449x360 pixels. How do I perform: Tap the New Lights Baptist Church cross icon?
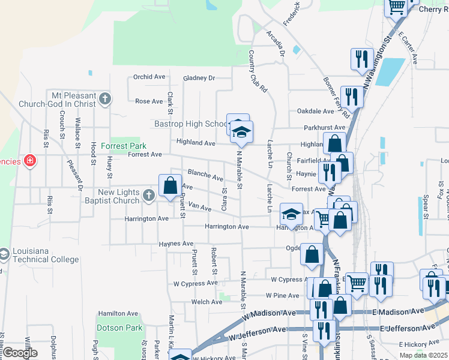coord(148,195)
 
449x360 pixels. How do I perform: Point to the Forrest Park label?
coord(124,146)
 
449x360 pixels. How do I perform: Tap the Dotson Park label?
coord(119,328)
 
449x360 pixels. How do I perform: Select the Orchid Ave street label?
coord(149,77)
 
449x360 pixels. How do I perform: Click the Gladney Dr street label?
coord(199,78)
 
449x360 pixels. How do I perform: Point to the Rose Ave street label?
coord(149,101)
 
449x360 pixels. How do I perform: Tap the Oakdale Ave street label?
coord(315,111)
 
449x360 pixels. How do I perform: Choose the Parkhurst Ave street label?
coord(324,127)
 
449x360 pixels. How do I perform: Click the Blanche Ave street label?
coord(205,175)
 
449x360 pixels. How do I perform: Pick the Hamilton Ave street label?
coord(118,313)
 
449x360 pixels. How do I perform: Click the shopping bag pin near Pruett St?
coord(170,185)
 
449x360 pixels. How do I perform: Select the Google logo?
coord(20,353)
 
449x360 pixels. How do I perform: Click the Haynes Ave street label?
coord(176,244)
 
